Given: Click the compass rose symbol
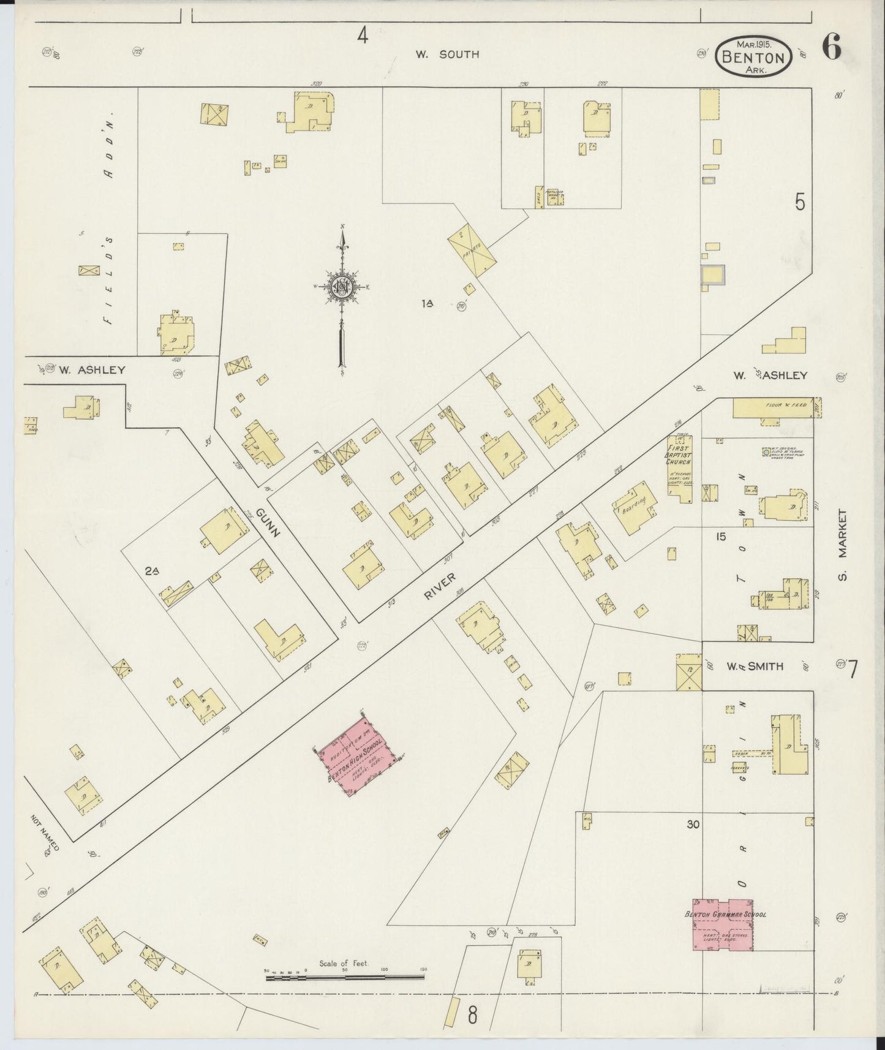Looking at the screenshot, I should point(342,288).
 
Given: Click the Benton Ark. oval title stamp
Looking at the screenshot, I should point(754,56).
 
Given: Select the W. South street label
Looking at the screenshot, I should point(447,55).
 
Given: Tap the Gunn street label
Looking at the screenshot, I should point(268,523).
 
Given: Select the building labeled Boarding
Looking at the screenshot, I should point(635,505).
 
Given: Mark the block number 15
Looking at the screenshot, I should point(720,537).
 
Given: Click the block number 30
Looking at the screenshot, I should point(693,825).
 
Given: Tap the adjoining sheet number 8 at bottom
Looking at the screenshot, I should point(472,1016).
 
